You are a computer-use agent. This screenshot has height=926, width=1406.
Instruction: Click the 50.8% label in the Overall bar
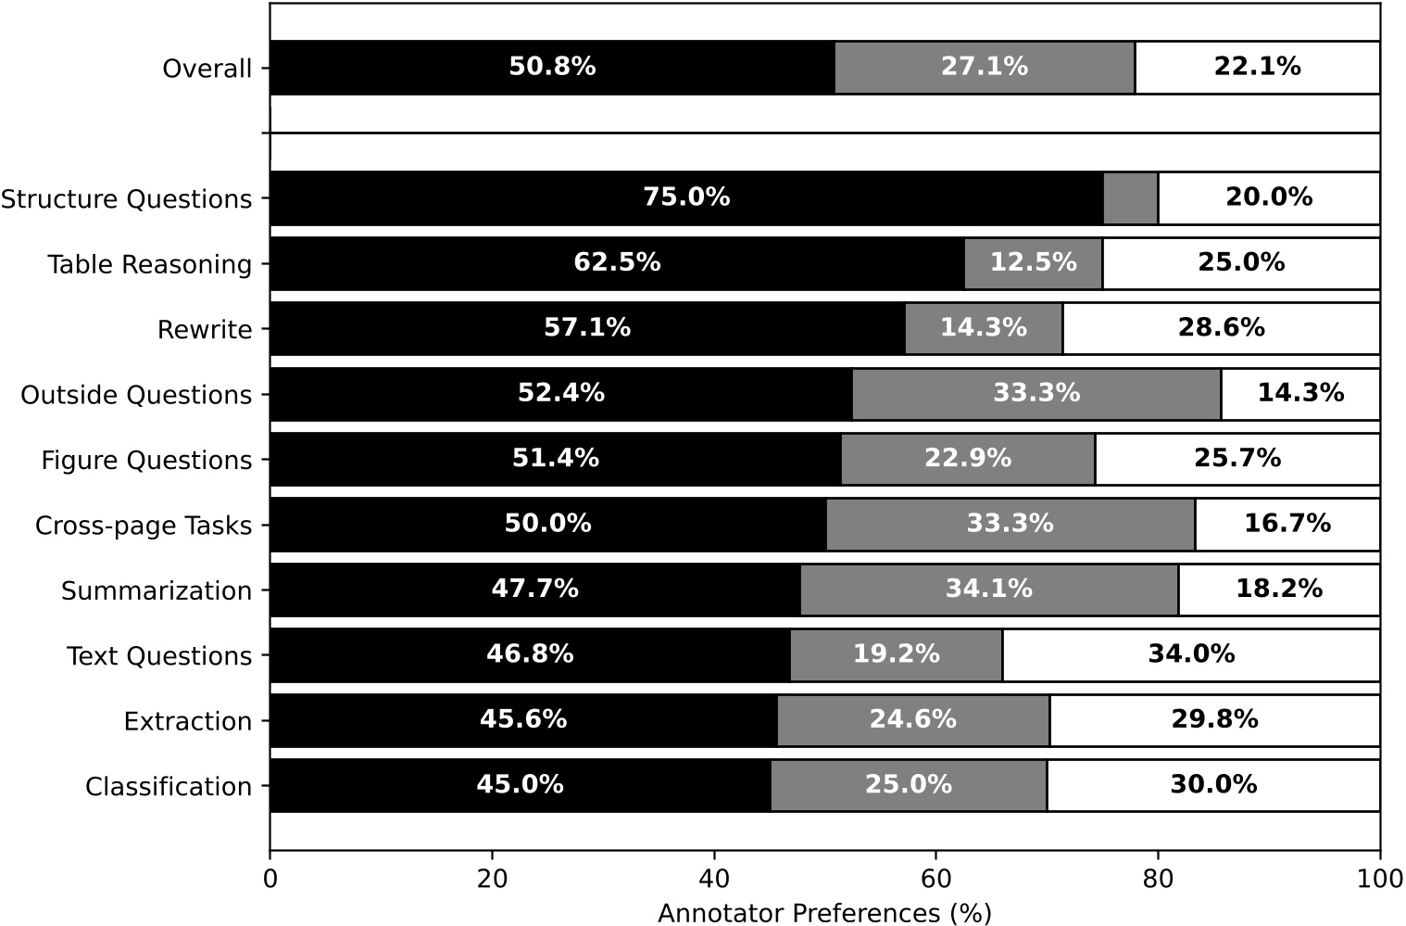(552, 67)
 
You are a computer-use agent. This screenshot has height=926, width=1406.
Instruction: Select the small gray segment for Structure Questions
(1131, 197)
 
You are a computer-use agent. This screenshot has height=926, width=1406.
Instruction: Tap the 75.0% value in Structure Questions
(686, 197)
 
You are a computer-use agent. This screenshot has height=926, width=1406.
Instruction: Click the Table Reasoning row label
(150, 265)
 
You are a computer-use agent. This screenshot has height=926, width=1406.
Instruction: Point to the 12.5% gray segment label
(1033, 263)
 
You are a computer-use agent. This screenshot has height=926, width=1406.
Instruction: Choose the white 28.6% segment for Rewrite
(1221, 328)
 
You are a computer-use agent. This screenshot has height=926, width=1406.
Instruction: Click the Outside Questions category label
(136, 396)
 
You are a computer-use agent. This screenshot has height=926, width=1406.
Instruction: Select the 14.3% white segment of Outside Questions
(1300, 393)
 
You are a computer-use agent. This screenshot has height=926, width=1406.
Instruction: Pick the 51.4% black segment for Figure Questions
(556, 459)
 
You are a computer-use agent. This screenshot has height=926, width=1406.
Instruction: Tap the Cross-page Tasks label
(144, 526)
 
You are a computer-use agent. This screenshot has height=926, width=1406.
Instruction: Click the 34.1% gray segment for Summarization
(988, 590)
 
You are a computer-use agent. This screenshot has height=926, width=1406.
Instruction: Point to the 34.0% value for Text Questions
(1191, 654)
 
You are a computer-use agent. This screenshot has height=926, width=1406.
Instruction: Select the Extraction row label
(188, 722)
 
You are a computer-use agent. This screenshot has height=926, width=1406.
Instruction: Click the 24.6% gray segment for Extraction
(912, 720)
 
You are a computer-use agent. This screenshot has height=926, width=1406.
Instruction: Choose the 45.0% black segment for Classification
(520, 785)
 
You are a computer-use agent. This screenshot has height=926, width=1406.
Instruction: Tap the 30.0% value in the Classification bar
(1213, 785)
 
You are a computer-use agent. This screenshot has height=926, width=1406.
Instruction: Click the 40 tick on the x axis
(714, 878)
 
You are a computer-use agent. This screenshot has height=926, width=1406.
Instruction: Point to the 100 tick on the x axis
(1379, 878)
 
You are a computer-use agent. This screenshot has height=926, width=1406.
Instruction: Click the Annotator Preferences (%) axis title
(824, 913)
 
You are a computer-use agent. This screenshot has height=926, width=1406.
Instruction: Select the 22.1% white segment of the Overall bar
(1257, 67)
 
